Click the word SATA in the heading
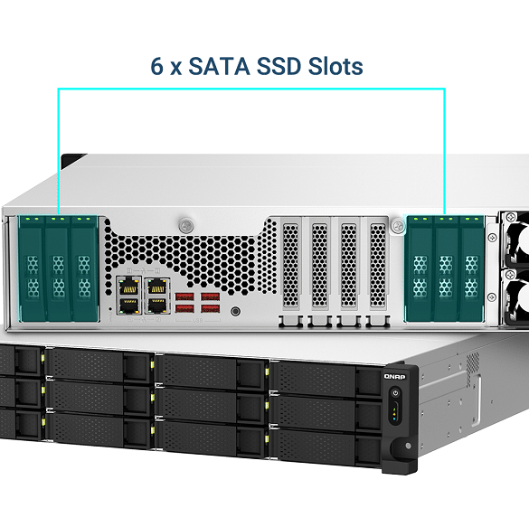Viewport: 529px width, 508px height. (x=219, y=66)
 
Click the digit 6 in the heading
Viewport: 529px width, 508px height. (x=156, y=66)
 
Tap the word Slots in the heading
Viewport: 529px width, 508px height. (x=335, y=66)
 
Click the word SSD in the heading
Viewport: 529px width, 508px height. (x=279, y=66)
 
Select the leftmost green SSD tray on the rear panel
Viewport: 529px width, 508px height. (x=33, y=268)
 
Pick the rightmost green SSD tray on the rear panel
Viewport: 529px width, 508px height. (x=471, y=268)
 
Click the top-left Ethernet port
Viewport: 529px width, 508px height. (x=128, y=287)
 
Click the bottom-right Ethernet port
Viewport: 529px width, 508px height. (x=156, y=305)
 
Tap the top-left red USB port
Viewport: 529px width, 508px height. (x=184, y=296)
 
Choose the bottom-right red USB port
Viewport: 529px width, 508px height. (x=210, y=308)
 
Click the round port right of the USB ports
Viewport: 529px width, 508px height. (x=235, y=311)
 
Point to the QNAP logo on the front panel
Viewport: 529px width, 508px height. (x=394, y=376)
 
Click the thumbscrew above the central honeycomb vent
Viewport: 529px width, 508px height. (x=186, y=225)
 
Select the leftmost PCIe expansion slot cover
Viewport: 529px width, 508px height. (x=290, y=266)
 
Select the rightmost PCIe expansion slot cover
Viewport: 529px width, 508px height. (x=377, y=266)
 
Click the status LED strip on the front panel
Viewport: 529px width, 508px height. (x=395, y=411)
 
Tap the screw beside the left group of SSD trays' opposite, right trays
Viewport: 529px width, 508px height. (x=398, y=225)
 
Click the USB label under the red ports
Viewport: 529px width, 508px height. (x=197, y=320)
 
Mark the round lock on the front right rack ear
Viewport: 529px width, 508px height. (x=408, y=446)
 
